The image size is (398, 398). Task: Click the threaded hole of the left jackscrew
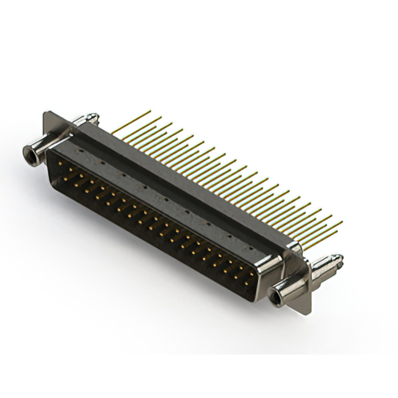[27, 151]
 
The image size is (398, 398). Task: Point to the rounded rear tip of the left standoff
[93, 115]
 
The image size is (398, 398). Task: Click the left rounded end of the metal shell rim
[51, 163]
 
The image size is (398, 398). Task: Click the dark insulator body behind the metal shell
[187, 187]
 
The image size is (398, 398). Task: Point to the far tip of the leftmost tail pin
[150, 112]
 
